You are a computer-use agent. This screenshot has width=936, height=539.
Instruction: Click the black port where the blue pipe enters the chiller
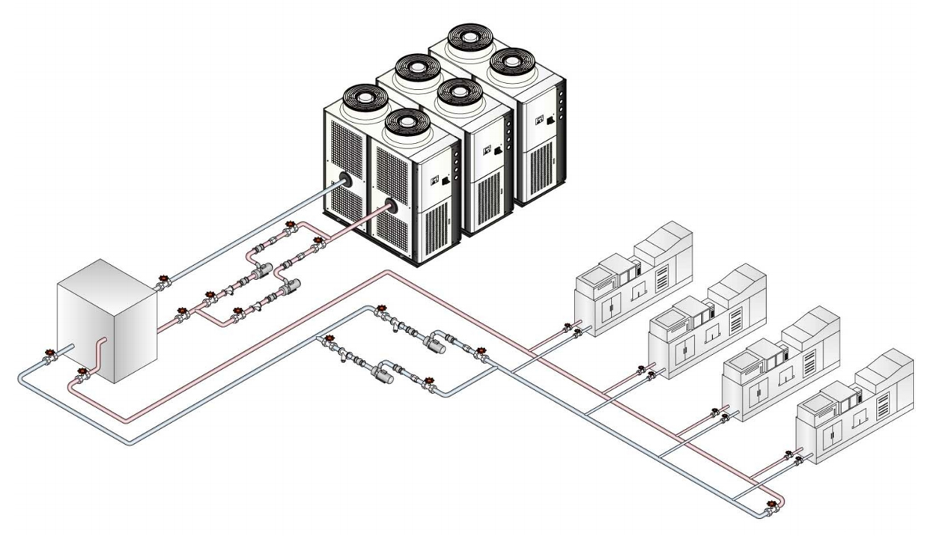click(x=345, y=181)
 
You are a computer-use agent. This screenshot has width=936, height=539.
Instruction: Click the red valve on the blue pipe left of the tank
click(x=50, y=353)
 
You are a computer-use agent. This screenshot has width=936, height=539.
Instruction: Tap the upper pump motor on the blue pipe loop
click(x=432, y=344)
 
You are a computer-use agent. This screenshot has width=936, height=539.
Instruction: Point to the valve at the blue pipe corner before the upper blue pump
click(x=381, y=308)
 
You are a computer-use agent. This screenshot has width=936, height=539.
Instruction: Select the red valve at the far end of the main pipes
click(x=771, y=505)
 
